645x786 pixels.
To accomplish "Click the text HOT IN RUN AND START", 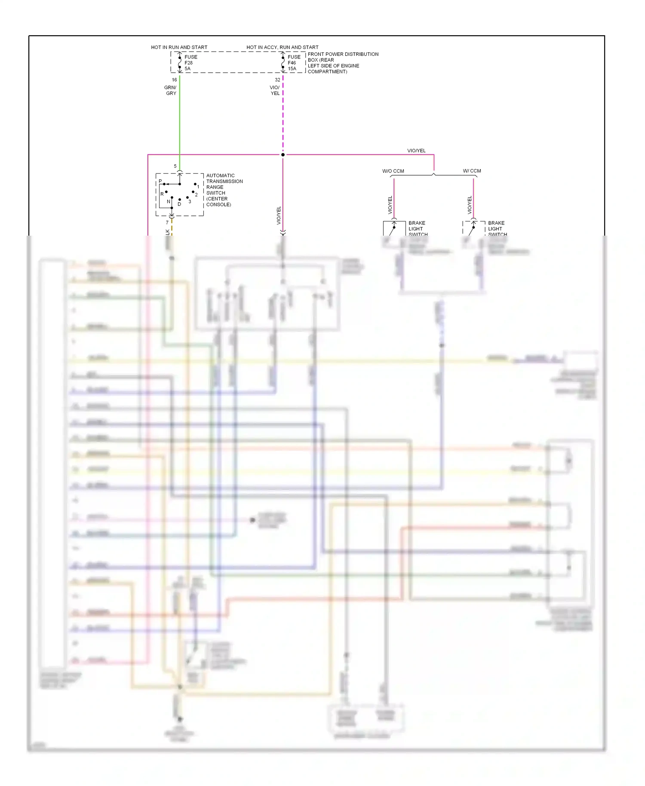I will [179, 47].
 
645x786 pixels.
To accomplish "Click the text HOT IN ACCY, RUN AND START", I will [282, 47].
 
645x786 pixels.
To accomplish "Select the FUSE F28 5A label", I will [190, 63].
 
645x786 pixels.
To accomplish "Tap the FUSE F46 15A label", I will [294, 63].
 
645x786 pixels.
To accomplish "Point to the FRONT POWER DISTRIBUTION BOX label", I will [343, 63].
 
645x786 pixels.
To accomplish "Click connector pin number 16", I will [174, 80].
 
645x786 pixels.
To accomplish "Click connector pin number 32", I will [277, 80].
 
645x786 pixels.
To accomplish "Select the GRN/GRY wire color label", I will [171, 90].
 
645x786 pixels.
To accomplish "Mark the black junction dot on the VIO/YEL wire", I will [283, 155].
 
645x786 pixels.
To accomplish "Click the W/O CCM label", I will [393, 171].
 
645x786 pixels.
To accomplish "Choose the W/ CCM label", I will [472, 171].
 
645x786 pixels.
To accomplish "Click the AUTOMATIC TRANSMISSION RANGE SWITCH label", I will [224, 190].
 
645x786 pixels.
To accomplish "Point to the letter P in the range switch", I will [160, 181].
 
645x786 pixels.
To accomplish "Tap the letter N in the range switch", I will [169, 202].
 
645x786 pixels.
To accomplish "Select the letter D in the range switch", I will [179, 204].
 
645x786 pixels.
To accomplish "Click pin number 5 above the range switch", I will [175, 166].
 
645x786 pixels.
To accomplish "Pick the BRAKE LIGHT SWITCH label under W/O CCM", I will [417, 229].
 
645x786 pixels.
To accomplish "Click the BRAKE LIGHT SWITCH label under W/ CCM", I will [497, 229].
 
